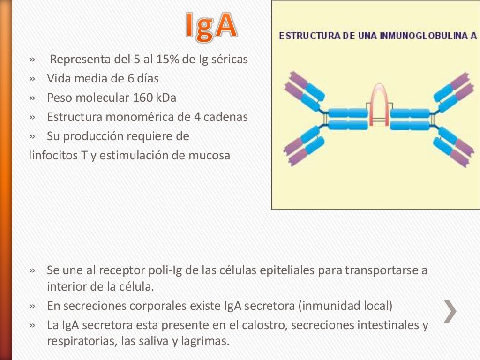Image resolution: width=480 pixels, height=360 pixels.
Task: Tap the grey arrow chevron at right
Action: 450,310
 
